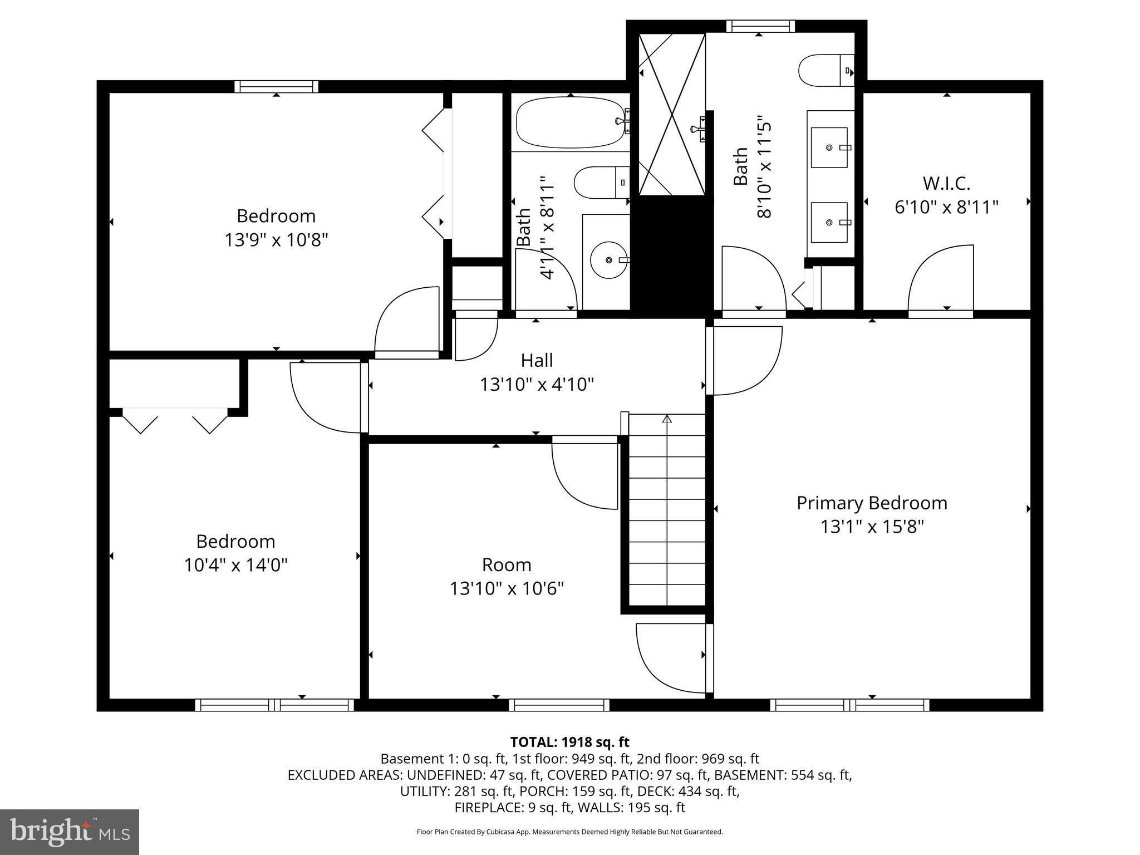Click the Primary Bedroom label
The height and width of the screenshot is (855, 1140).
click(872, 503)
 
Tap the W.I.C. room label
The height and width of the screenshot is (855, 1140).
click(946, 183)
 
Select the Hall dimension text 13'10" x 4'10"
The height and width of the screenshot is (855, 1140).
click(537, 385)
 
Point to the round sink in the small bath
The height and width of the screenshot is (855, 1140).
click(609, 259)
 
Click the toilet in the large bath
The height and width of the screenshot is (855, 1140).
click(825, 71)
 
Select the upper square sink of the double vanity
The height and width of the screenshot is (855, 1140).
click(829, 148)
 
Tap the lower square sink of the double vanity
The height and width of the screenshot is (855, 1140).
click(829, 223)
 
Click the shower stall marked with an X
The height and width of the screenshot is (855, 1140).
click(672, 114)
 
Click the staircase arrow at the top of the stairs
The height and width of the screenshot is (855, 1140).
click(667, 419)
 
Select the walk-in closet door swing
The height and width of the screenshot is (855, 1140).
click(941, 278)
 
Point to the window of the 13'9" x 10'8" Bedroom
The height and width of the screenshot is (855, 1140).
click(277, 87)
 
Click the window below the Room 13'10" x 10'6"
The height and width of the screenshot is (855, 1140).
click(559, 705)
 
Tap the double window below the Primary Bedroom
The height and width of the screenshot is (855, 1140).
click(849, 705)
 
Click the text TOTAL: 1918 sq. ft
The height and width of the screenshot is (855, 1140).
click(569, 742)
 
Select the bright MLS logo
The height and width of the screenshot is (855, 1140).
click(70, 832)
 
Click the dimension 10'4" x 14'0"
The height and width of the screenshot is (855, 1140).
click(235, 566)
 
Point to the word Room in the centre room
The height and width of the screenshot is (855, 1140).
click(507, 564)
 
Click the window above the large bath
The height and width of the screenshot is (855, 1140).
click(760, 26)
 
